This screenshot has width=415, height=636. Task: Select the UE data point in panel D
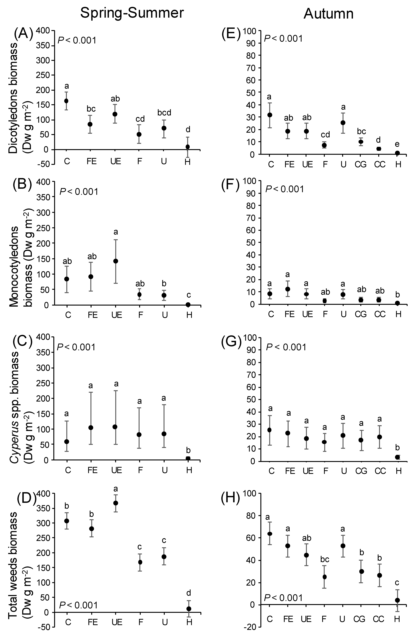point(116,503)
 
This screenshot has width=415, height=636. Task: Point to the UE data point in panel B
point(116,261)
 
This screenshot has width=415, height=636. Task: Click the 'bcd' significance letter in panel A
point(164,112)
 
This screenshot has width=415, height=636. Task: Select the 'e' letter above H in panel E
point(397,144)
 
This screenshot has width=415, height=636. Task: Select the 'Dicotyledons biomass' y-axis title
point(13,98)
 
